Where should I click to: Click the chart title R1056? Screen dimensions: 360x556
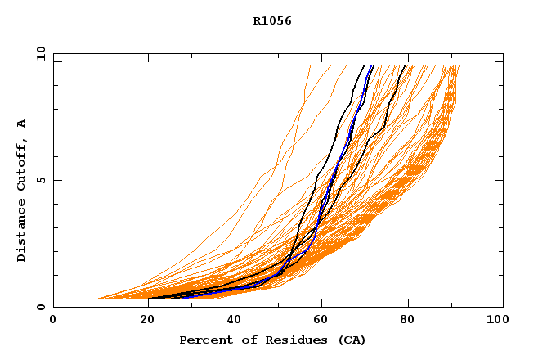272,21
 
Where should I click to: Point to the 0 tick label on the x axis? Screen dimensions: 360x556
53,320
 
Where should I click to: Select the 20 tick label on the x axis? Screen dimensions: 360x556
142,320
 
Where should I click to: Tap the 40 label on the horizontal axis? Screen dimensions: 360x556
231,320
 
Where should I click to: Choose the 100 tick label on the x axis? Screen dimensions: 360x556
495,320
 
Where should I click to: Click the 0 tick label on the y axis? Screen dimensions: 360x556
40,307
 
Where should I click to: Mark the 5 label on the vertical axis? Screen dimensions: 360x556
40,180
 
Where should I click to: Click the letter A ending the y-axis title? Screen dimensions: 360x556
21,123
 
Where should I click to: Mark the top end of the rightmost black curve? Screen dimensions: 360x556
401,65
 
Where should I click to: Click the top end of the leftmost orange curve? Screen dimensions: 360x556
311,65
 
